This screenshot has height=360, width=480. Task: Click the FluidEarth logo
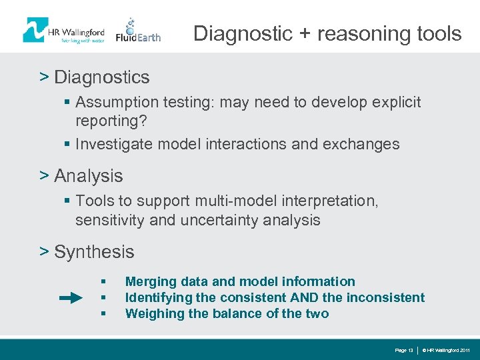(138, 31)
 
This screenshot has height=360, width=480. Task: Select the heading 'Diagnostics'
(101, 77)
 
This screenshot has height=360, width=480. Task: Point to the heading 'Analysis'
(88, 176)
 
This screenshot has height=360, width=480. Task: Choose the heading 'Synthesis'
(94, 252)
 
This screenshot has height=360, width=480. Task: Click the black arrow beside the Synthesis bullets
(71, 298)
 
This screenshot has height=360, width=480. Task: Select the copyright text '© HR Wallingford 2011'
(446, 350)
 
